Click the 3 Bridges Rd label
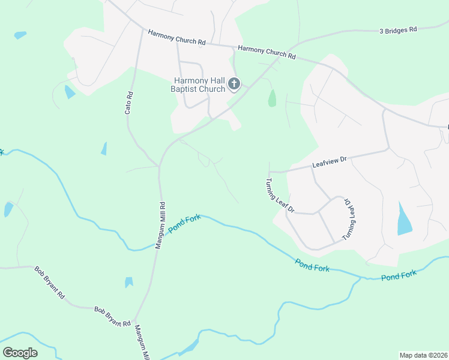coord(398,29)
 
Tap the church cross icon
coord(234,85)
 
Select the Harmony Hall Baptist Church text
coord(200,85)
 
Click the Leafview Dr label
coord(330,160)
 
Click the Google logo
coord(20,352)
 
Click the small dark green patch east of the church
coord(272,98)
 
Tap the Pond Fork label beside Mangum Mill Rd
coord(184,224)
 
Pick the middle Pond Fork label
coord(312,265)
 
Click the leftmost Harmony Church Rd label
coord(176,37)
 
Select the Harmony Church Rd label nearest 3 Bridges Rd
coord(267,52)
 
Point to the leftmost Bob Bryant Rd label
coord(49,283)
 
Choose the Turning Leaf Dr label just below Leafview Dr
coord(280,196)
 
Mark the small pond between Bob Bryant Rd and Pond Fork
coord(129,282)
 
